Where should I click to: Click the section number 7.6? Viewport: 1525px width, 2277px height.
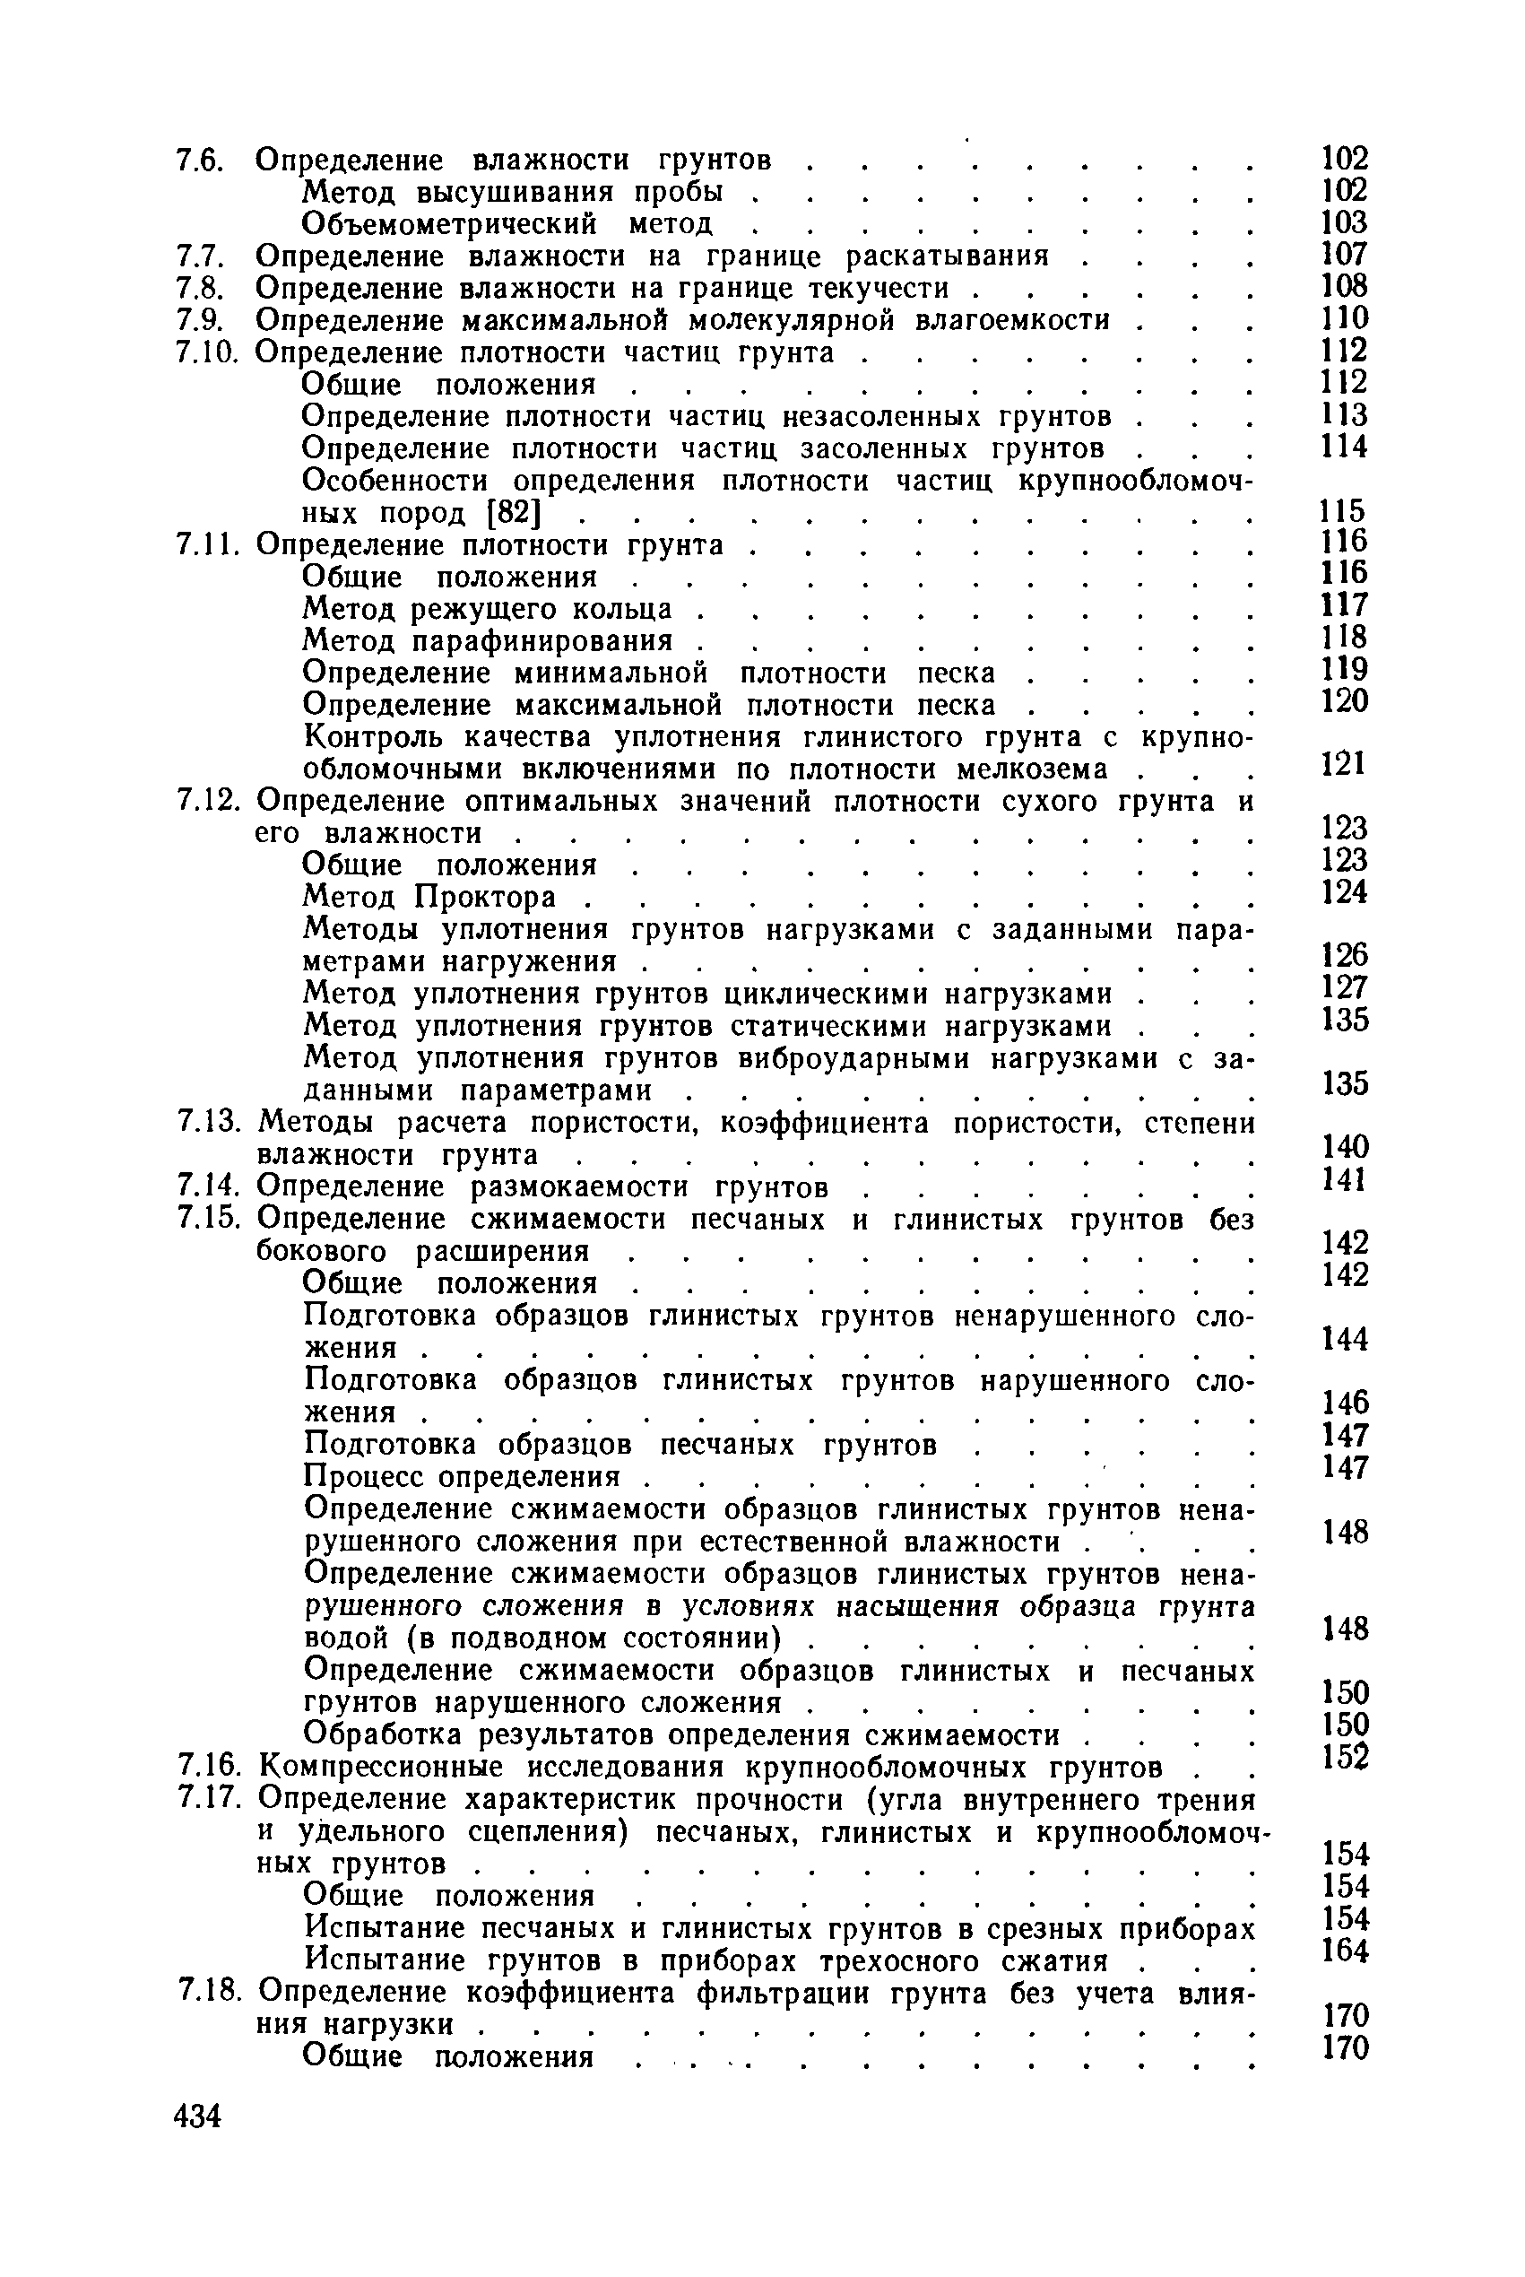[200, 161]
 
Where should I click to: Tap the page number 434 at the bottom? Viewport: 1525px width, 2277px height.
[198, 2116]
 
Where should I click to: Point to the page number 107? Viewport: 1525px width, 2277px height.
[1344, 254]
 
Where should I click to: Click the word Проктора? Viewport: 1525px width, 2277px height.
[485, 897]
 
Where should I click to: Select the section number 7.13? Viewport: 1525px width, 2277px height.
[208, 1124]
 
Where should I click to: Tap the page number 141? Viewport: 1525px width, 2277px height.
[1344, 1179]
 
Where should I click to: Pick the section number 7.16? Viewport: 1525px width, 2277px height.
[208, 1768]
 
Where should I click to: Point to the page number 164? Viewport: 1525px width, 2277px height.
[1345, 1951]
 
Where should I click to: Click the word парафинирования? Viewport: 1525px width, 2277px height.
[542, 641]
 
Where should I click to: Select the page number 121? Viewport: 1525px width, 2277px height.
[1344, 763]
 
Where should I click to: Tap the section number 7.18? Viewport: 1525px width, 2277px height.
[208, 1993]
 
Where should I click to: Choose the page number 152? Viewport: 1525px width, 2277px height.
[1345, 1757]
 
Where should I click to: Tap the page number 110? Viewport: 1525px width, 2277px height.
[1344, 318]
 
